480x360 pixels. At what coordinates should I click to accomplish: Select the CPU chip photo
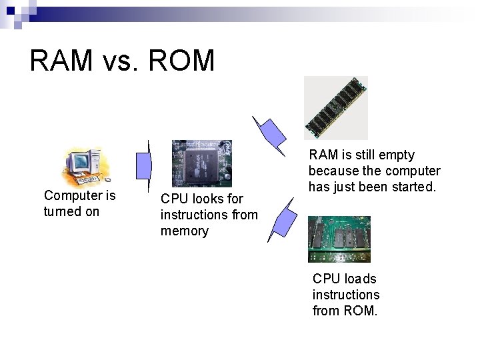point(201,163)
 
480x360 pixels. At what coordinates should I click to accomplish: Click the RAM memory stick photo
point(335,107)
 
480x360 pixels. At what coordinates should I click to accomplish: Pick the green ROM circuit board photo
point(339,239)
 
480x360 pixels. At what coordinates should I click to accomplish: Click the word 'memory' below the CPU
point(184,231)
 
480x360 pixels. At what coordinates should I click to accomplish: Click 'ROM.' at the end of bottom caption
point(360,311)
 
